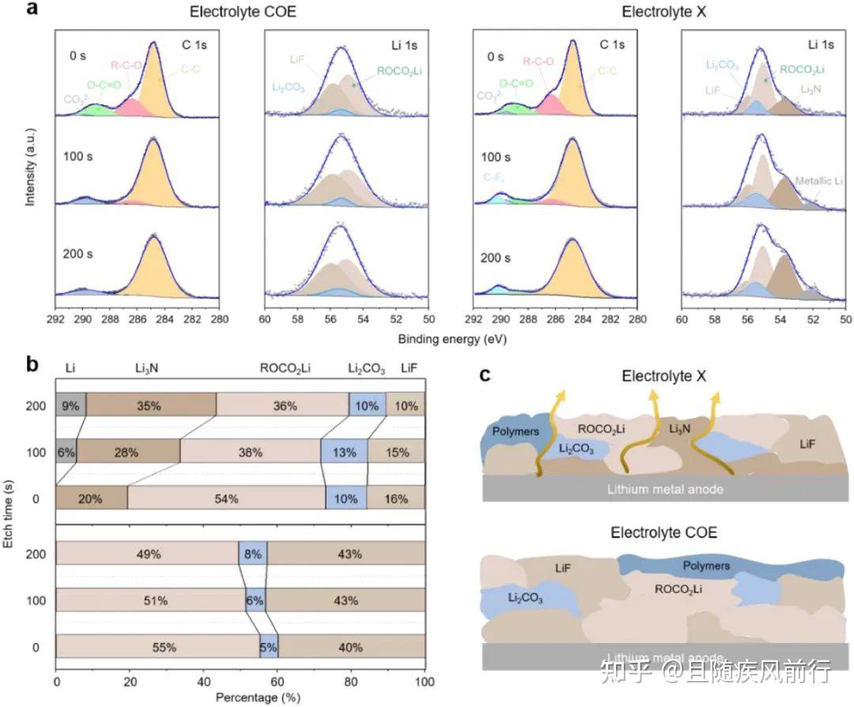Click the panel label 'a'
tap(32, 10)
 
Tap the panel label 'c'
tap(485, 374)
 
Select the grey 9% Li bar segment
tap(70, 406)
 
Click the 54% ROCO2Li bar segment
tap(226, 499)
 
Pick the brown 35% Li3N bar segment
tap(151, 406)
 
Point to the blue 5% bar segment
tap(269, 647)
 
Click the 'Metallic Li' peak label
tap(818, 181)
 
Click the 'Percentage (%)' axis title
tap(240, 698)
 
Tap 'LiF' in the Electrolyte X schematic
tap(807, 444)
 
